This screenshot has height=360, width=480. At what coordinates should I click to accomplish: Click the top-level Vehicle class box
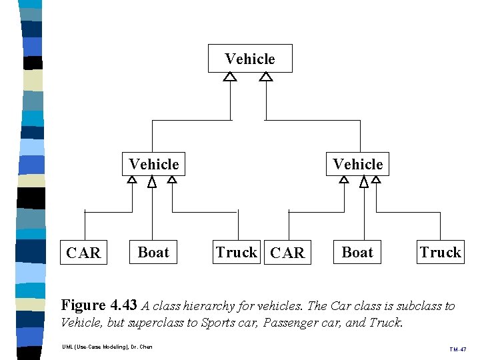[250, 59]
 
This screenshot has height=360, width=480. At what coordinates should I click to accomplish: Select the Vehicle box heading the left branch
[153, 164]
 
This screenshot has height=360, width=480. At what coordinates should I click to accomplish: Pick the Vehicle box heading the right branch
[357, 164]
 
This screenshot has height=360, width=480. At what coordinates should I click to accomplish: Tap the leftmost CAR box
[84, 253]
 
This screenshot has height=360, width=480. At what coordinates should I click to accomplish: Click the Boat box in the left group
[153, 252]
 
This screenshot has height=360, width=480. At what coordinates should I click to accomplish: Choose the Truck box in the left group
[237, 252]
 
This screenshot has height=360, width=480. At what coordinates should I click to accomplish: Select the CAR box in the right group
[288, 253]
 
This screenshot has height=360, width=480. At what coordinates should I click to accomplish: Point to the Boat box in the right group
[357, 252]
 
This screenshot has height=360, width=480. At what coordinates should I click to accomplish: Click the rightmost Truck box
[440, 252]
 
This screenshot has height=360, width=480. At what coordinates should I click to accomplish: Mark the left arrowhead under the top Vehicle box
[230, 77]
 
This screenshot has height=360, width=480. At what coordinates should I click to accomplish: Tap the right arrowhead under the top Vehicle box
[266, 77]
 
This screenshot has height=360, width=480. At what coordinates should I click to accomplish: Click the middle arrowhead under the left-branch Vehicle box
[152, 182]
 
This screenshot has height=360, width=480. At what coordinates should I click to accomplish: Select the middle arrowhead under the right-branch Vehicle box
[364, 182]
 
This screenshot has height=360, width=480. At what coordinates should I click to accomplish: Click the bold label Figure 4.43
[99, 305]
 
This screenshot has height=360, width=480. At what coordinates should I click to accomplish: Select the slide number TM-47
[457, 349]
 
